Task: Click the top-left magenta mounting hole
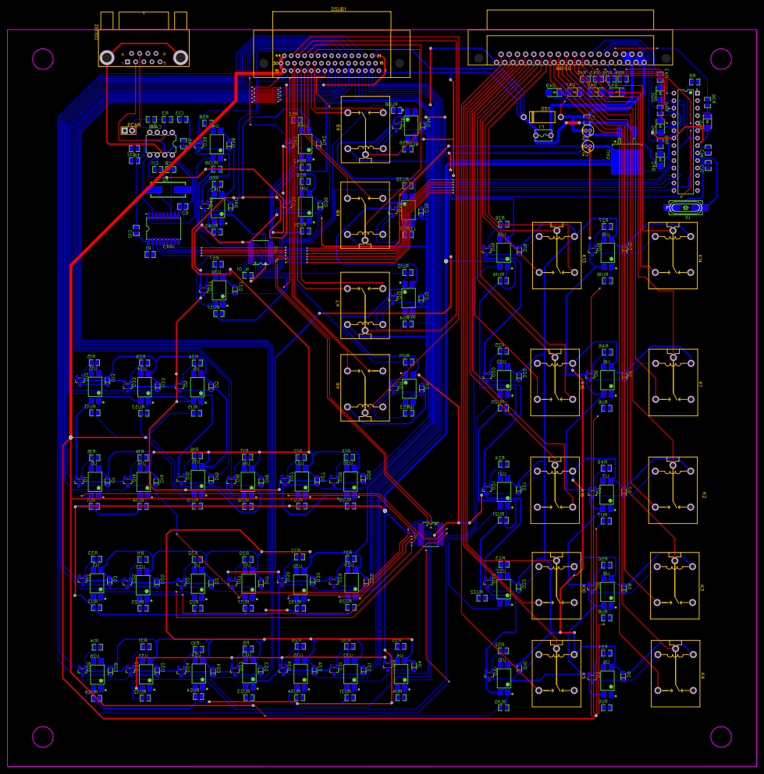point(43,58)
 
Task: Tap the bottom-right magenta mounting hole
point(721,737)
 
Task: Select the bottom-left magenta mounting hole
point(43,737)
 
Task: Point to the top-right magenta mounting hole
point(721,58)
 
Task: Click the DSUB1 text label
point(339,9)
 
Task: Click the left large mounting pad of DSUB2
point(107,57)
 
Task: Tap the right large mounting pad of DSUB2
point(180,57)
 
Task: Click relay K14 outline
point(673,255)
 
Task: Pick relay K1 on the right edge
point(673,382)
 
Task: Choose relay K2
point(673,489)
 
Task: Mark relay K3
point(675,585)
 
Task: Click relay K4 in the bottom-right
point(675,673)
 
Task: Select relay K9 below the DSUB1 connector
point(365,129)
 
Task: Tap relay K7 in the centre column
point(365,305)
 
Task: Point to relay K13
point(556,255)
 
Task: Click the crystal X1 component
point(685,207)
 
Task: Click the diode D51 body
point(542,117)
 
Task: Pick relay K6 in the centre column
point(365,387)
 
